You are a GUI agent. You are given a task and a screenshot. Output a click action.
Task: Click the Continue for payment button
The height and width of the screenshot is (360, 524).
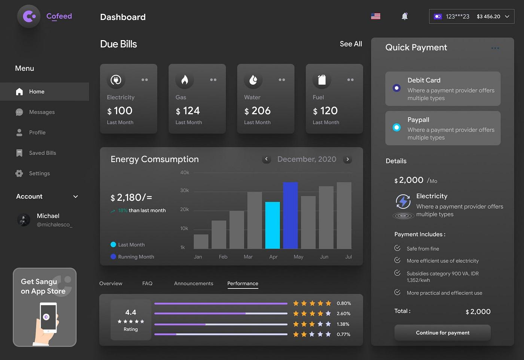[442, 333]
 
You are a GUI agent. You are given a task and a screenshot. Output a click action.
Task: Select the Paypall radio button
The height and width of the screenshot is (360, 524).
[397, 127]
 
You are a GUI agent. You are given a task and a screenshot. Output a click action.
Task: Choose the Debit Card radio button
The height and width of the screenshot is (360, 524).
[397, 88]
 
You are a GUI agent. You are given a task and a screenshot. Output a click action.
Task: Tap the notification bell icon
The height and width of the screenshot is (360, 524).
[405, 16]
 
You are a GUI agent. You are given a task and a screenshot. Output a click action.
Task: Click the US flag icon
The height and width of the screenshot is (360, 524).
[375, 16]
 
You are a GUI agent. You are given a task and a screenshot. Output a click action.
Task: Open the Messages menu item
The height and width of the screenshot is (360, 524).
[42, 112]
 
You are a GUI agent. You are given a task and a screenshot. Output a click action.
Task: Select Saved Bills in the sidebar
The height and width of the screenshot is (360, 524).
[42, 153]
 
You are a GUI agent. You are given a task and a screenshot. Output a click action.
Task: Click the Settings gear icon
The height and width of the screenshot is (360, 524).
[19, 173]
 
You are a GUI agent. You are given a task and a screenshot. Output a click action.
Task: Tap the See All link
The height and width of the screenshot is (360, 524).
[351, 44]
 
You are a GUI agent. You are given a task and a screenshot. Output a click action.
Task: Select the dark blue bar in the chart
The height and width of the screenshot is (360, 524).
[290, 215]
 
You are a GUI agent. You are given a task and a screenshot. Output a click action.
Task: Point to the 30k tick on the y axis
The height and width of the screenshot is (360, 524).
[185, 190]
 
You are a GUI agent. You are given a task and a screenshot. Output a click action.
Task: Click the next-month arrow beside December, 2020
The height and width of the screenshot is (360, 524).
[348, 159]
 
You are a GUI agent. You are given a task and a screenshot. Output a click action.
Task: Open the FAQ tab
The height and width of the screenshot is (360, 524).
[147, 284]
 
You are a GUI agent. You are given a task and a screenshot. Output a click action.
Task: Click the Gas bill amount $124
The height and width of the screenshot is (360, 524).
[188, 111]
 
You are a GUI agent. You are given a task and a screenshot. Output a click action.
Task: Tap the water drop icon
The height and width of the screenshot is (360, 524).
[253, 80]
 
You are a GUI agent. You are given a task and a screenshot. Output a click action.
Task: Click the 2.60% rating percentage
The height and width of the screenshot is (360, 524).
[344, 314]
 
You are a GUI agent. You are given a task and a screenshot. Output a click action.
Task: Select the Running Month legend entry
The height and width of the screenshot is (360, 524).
[136, 257]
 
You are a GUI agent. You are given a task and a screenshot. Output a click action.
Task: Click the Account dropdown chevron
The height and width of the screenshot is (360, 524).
[76, 197]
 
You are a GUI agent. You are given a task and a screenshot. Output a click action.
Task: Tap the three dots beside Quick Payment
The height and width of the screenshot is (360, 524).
[495, 48]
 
